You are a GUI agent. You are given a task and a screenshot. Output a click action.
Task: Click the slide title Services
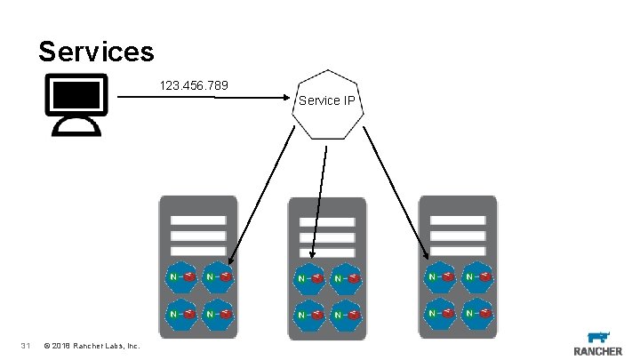click(96, 51)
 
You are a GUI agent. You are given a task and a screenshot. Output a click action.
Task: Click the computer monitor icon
click(76, 102)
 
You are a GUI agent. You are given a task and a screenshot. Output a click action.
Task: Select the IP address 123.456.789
click(194, 86)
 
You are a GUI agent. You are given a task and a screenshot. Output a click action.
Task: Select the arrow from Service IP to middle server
click(319, 200)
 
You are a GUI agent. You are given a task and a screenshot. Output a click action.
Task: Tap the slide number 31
click(26, 345)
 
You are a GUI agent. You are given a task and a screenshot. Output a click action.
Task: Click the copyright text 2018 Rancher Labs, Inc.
click(91, 345)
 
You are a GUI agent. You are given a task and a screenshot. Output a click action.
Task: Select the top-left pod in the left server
click(180, 276)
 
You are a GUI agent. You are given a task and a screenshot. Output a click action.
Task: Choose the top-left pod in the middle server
click(309, 279)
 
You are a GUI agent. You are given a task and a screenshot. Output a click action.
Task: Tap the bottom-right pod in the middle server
click(348, 315)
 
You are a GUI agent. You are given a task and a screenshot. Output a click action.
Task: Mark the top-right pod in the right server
click(478, 276)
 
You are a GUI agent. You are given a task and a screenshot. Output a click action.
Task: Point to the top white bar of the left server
click(198, 220)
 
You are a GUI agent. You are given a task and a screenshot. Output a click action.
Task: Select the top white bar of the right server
click(458, 220)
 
